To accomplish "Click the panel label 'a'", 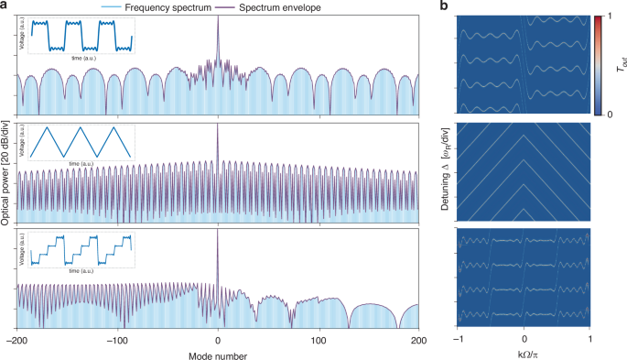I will [x=5, y=6].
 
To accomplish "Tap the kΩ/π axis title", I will [x=524, y=353].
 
